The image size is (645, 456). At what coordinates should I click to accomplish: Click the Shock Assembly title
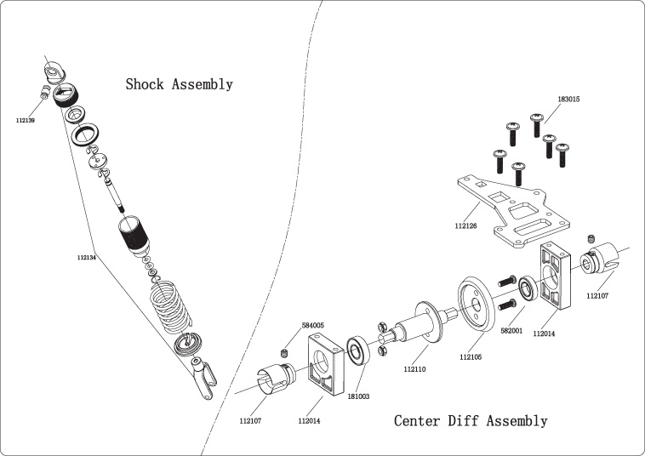(x=179, y=84)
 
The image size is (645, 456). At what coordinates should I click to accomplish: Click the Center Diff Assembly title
(x=471, y=419)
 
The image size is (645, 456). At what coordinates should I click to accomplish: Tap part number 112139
(x=26, y=121)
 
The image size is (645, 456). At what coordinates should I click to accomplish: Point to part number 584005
(x=312, y=325)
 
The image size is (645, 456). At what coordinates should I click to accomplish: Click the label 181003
(x=357, y=396)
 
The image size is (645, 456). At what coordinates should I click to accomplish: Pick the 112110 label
(x=415, y=368)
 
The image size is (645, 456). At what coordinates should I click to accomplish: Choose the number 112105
(x=471, y=357)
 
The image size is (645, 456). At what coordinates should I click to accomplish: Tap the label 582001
(x=511, y=331)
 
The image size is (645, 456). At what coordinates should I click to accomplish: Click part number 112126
(x=465, y=226)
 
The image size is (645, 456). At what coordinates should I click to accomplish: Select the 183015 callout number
(x=568, y=100)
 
